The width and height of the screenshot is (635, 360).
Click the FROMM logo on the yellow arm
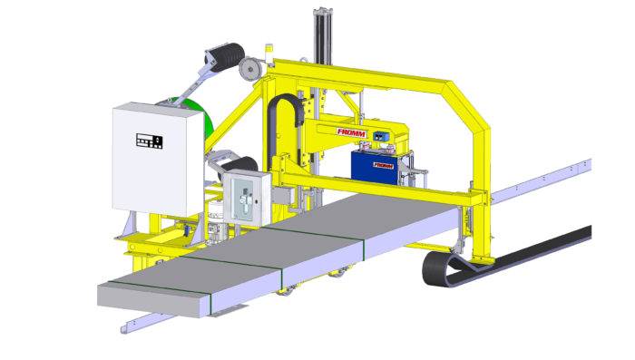click(x=352, y=132)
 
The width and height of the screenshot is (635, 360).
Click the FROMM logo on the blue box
click(x=383, y=165)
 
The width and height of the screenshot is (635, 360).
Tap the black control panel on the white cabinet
click(x=150, y=141)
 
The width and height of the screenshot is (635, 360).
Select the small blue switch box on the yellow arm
click(x=381, y=136)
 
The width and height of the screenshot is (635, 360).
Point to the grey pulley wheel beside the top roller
click(x=249, y=69)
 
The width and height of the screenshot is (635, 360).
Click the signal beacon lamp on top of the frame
click(x=269, y=54)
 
